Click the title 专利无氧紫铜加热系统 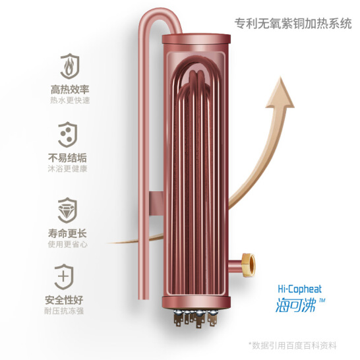(293, 24)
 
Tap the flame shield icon (70, 66)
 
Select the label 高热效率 (70, 89)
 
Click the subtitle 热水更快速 (70, 100)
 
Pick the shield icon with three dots (67, 135)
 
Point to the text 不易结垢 (67, 158)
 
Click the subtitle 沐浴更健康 (67, 169)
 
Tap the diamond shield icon (67, 210)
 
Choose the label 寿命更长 (67, 233)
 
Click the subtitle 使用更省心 (67, 244)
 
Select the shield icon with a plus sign (64, 277)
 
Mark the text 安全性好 (64, 300)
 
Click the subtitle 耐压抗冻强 (64, 311)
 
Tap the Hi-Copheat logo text (300, 289)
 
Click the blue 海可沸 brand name (295, 305)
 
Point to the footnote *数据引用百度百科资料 (293, 345)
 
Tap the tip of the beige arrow (281, 77)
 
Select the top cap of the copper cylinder (196, 38)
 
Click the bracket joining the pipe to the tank (156, 204)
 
